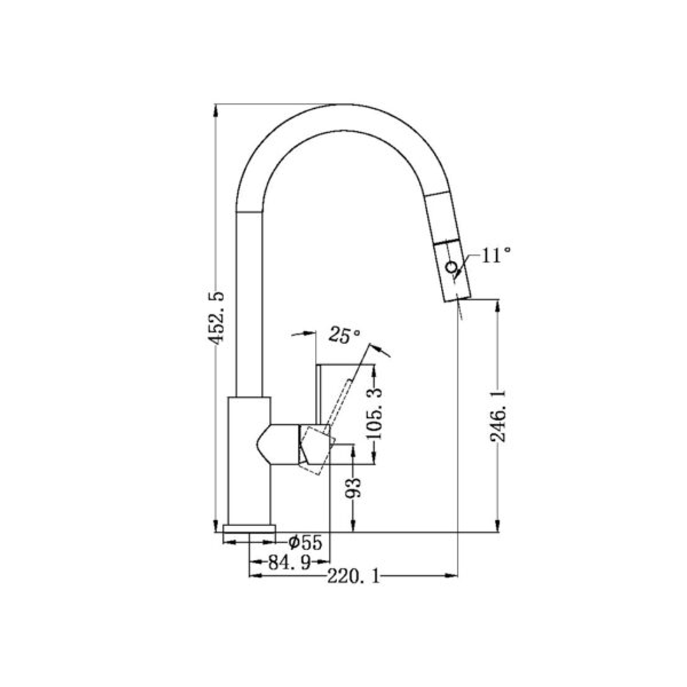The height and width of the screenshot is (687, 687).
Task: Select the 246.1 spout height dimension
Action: [498, 417]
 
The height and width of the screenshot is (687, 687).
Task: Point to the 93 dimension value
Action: [354, 487]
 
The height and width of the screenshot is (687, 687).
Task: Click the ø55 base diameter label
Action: [305, 543]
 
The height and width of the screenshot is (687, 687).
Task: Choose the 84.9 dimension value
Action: [289, 562]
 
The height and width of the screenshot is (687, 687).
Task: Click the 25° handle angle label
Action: [344, 335]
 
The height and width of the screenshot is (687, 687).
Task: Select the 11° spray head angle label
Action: [496, 256]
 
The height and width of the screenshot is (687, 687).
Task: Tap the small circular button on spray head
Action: [452, 267]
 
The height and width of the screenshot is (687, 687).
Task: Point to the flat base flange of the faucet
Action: [249, 529]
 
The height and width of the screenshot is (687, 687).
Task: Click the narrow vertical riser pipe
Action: [249, 305]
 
